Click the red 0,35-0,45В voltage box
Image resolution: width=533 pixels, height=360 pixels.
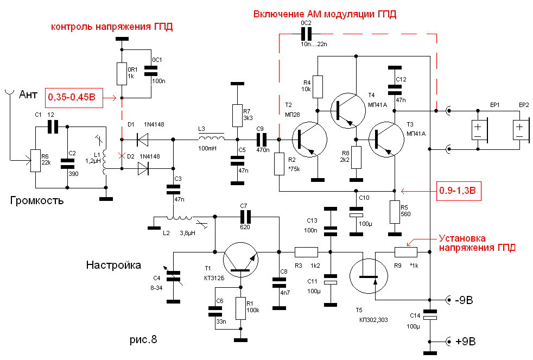pos(74,97)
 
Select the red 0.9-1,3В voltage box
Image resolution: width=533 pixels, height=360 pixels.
pos(459,191)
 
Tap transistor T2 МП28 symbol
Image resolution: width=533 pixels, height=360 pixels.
pos(310,140)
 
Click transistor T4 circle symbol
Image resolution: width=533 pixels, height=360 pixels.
pos(348,111)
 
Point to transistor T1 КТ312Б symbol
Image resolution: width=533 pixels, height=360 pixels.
pos(240,260)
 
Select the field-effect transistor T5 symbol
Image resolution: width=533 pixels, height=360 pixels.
pos(369,276)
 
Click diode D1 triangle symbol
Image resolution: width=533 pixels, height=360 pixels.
pos(143,140)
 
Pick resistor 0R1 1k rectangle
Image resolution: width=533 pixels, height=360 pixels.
pos(122,74)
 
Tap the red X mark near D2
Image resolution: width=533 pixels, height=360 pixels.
pos(122,156)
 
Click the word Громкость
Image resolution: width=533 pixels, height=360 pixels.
pos(37,200)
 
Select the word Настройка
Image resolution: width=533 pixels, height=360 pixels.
pos(113,265)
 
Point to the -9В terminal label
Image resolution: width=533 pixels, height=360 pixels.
pos(464,300)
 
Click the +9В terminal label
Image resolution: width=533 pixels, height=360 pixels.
pos(465,342)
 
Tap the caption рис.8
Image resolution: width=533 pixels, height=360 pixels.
pos(143,339)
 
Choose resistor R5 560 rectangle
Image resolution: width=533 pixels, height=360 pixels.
pos(395,212)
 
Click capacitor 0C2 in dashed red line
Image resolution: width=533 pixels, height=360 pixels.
pos(306,34)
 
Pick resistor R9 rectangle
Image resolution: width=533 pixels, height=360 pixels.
pos(406,252)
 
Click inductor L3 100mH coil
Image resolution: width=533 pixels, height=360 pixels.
pos(212,137)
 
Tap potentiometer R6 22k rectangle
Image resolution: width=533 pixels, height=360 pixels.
pos(35,161)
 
